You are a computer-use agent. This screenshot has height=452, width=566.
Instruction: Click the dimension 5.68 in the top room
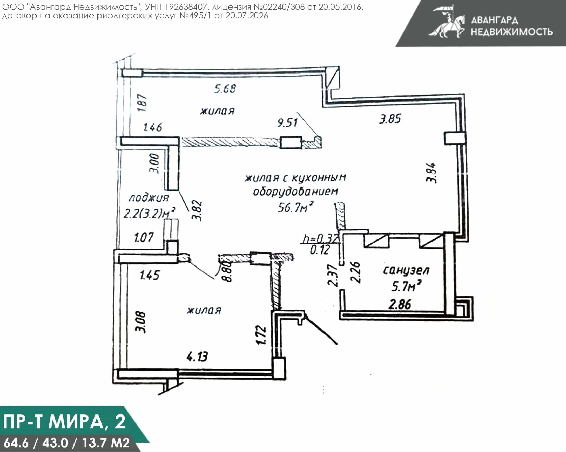225,89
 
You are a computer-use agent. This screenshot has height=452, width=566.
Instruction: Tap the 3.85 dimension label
390,119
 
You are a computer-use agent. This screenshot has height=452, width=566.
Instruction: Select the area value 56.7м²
296,207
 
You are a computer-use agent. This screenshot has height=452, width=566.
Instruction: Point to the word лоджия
149,198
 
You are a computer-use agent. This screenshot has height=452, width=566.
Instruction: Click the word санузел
406,270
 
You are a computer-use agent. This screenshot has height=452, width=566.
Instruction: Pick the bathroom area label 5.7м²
406,286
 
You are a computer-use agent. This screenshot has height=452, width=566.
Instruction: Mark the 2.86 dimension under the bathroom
400,304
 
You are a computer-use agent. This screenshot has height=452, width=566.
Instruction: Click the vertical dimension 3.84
431,173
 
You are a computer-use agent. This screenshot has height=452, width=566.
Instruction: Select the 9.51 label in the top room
287,122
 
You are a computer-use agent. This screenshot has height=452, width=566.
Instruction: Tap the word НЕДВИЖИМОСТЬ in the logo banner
512,32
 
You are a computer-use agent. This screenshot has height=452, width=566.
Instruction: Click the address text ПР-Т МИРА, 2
64,422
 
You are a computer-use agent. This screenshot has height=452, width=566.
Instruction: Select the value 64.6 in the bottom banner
16,443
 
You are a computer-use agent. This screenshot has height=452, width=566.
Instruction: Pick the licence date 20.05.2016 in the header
340,7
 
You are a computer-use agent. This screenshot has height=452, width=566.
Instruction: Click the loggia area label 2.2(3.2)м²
149,213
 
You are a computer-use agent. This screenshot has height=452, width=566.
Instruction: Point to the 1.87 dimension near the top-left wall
142,103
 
